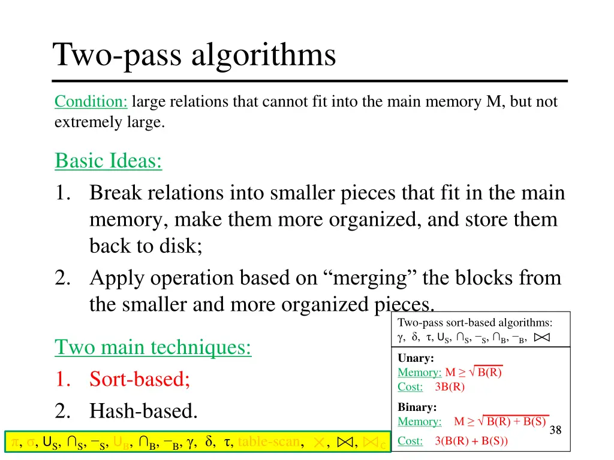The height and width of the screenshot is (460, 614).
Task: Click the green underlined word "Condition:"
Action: pyautogui.click(x=91, y=102)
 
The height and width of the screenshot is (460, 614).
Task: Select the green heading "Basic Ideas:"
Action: pyautogui.click(x=109, y=161)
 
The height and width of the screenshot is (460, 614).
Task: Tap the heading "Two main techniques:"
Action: pyautogui.click(x=153, y=347)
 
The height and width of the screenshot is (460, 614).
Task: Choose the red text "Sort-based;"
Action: pyautogui.click(x=140, y=379)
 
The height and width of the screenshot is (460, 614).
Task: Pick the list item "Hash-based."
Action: pyautogui.click(x=143, y=411)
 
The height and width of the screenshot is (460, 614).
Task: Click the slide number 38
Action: pyautogui.click(x=555, y=429)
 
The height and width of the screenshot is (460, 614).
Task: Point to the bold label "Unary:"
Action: pyautogui.click(x=416, y=358)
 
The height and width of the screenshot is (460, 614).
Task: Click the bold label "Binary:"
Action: pyautogui.click(x=417, y=407)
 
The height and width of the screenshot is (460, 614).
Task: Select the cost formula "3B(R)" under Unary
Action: pyautogui.click(x=450, y=386)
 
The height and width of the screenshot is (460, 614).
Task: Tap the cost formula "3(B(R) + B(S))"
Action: pyautogui.click(x=471, y=441)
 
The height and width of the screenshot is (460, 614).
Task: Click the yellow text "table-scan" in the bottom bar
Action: pyautogui.click(x=269, y=442)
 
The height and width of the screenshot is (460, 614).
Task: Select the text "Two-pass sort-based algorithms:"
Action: pyautogui.click(x=475, y=322)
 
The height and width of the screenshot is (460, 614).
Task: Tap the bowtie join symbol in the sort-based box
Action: pyautogui.click(x=541, y=337)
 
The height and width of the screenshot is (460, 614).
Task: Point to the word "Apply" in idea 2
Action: pyautogui.click(x=117, y=278)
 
